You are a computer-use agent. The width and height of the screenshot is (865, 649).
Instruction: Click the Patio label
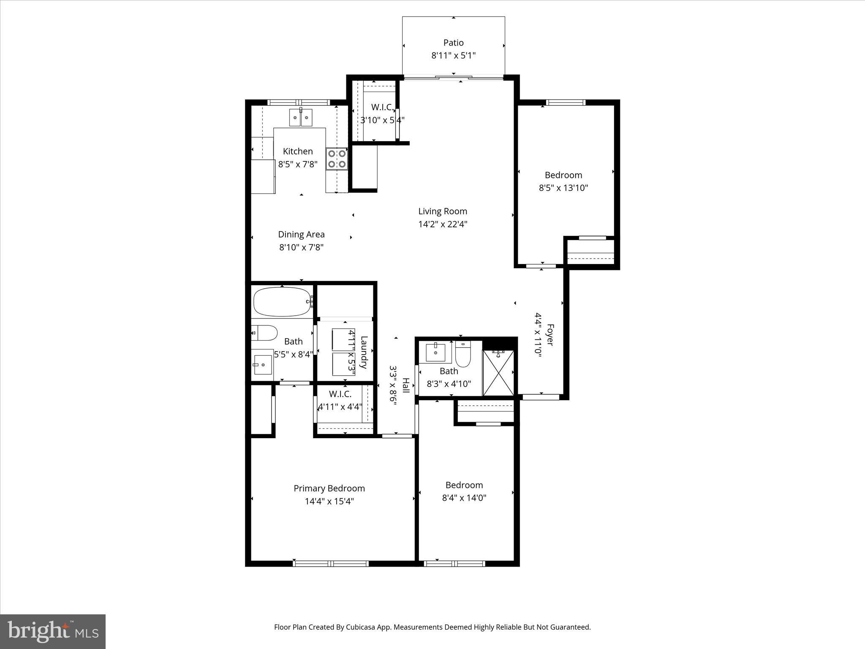click(x=453, y=43)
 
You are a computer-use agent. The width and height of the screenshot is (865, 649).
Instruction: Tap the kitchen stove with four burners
click(x=337, y=159)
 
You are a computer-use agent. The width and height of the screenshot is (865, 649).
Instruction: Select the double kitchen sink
click(x=301, y=117)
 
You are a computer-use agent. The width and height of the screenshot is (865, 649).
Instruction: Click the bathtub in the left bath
click(x=282, y=302)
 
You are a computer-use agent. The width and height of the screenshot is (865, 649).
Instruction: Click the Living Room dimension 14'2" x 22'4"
click(x=443, y=224)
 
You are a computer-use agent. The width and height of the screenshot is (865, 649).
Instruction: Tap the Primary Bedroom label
click(x=329, y=488)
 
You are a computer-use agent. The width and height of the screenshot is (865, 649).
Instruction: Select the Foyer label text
click(x=550, y=335)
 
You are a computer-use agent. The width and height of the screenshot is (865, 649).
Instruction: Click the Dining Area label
click(x=301, y=235)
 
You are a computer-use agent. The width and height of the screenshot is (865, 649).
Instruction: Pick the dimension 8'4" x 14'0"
click(x=464, y=498)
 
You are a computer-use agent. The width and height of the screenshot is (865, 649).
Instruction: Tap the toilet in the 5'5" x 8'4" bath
click(x=264, y=333)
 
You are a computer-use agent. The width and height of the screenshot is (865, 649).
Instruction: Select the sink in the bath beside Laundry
click(x=263, y=364)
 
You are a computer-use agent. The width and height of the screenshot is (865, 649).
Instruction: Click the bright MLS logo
click(x=53, y=632)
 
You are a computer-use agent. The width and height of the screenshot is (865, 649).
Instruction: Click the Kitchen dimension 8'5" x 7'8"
click(x=298, y=164)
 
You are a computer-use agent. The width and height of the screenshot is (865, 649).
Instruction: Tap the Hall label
click(x=405, y=385)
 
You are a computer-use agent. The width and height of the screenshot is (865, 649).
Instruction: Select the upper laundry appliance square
click(x=343, y=339)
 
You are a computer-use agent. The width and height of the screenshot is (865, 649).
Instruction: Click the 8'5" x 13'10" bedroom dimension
click(x=563, y=188)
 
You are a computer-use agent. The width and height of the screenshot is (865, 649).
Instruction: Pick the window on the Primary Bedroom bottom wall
click(x=331, y=563)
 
